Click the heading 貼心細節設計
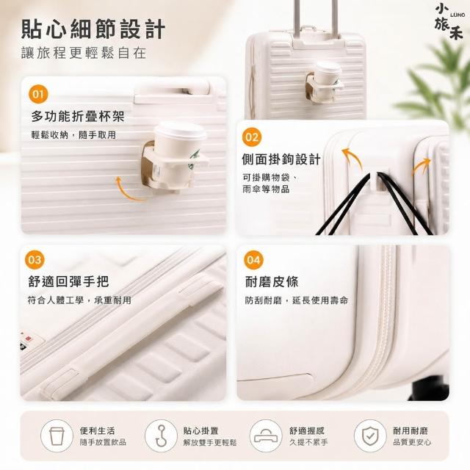coord(93,29)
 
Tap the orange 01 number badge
coord(38,94)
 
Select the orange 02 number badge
coord(252,137)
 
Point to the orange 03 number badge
coord(35,259)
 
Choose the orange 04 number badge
coord(253,259)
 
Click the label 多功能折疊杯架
coord(78,116)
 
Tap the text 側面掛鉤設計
coord(281,159)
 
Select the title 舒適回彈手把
coord(68,281)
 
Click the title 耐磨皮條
coord(272,282)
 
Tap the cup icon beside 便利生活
coord(57,435)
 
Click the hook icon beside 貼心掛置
coord(161,435)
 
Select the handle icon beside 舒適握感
coord(266,435)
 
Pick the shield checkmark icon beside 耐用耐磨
coord(370,435)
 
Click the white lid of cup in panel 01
coord(180,131)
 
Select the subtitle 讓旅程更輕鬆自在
coord(84,53)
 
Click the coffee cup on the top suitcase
coord(328,74)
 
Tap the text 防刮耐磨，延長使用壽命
coord(297,300)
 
